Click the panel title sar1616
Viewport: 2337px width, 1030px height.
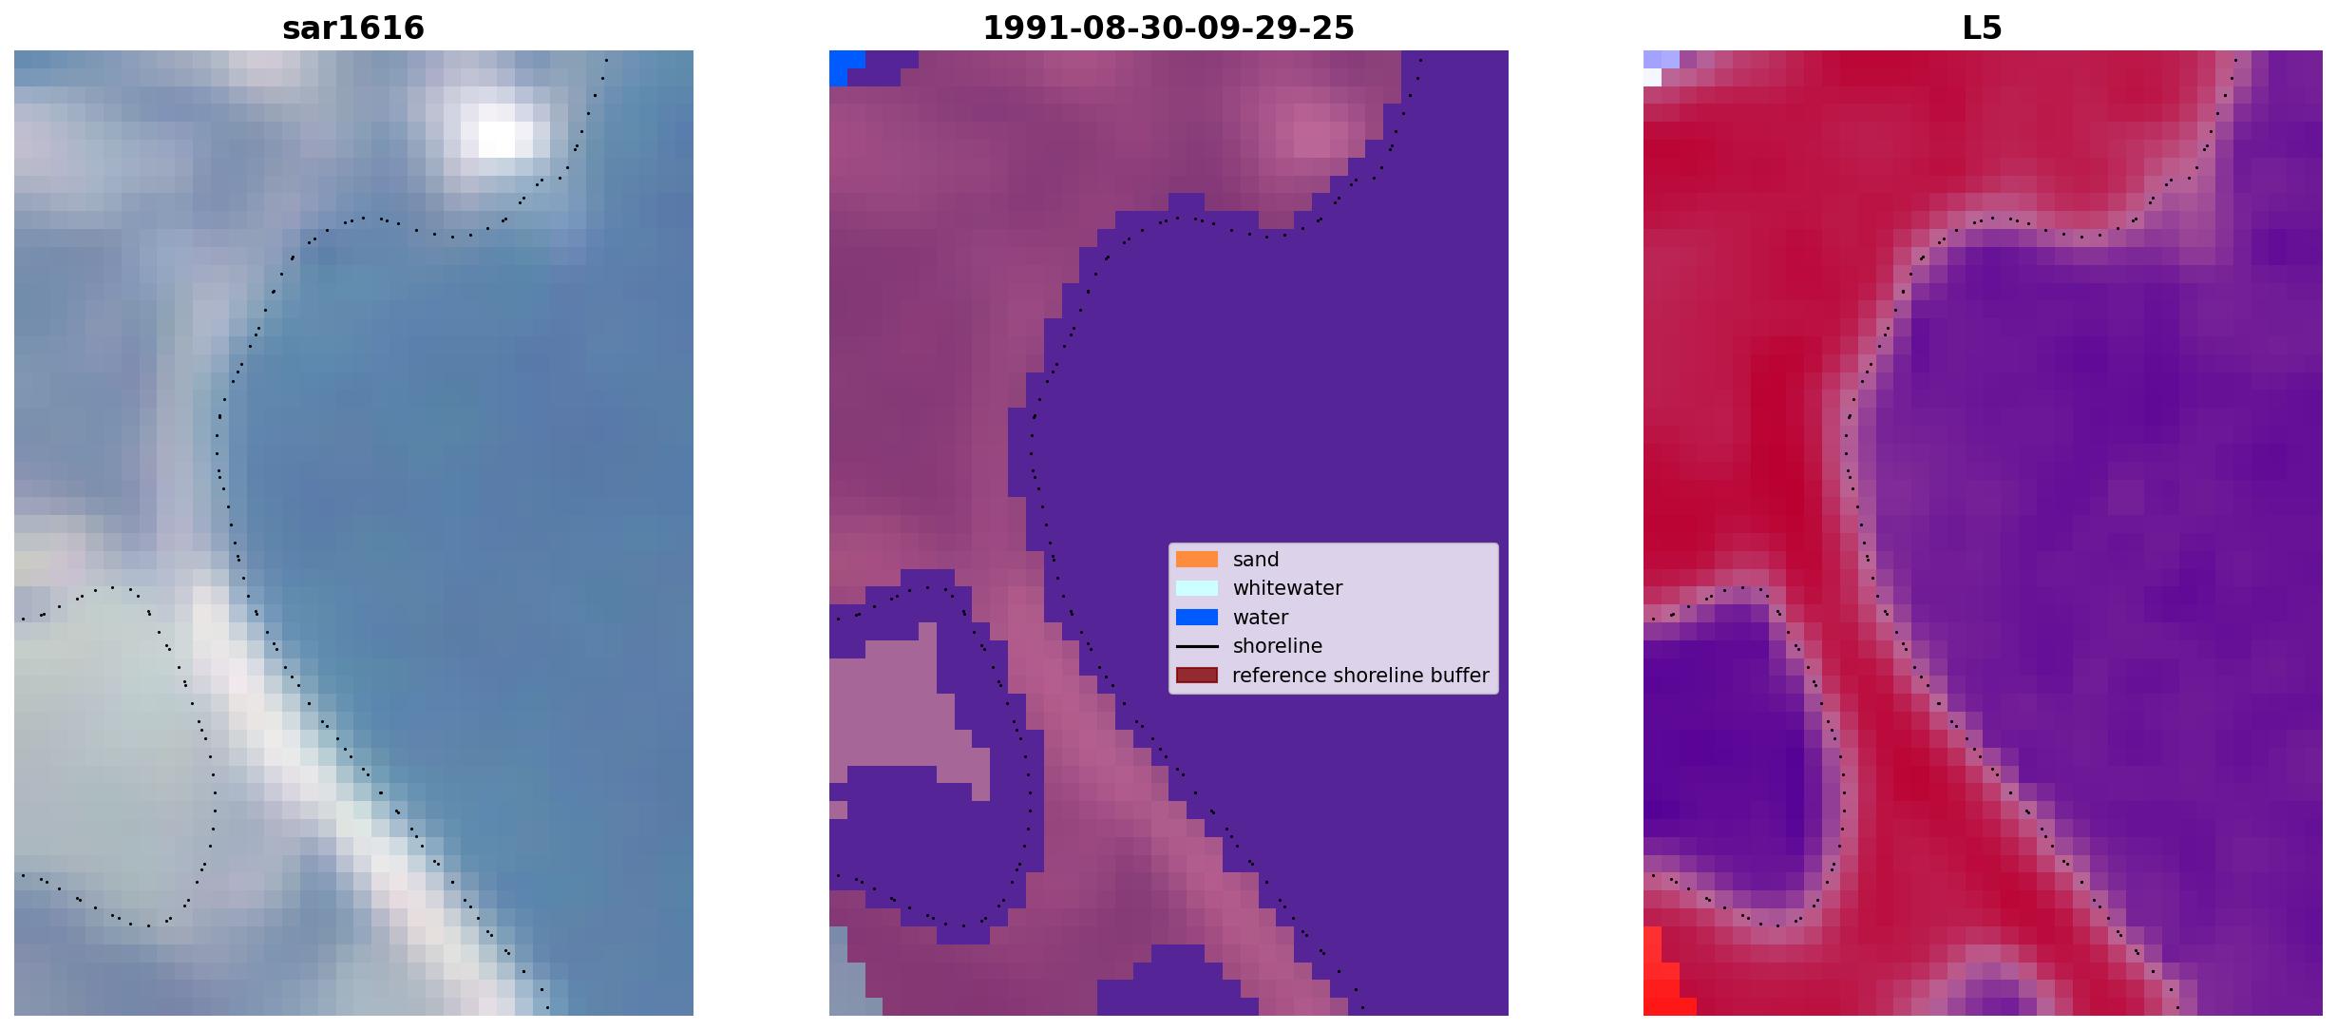[353, 29]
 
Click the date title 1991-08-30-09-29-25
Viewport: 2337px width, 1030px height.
[1168, 29]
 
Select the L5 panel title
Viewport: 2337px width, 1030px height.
[1983, 29]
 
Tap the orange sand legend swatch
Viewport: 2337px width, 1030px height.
[1197, 560]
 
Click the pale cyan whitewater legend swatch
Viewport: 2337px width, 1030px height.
[1197, 588]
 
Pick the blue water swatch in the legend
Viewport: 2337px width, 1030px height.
[1197, 618]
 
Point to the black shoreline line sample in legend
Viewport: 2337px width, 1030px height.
[1197, 646]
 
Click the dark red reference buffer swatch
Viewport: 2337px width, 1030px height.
[1197, 676]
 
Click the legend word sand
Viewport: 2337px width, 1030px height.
[1256, 560]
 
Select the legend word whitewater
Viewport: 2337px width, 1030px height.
[1287, 588]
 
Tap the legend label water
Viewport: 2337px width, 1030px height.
[1261, 618]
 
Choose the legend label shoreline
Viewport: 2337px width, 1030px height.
[1278, 646]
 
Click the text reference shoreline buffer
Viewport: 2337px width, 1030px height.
[1360, 676]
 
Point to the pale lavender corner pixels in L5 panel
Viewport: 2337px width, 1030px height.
[1659, 66]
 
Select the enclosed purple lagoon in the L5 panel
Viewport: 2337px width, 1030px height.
[1724, 751]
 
